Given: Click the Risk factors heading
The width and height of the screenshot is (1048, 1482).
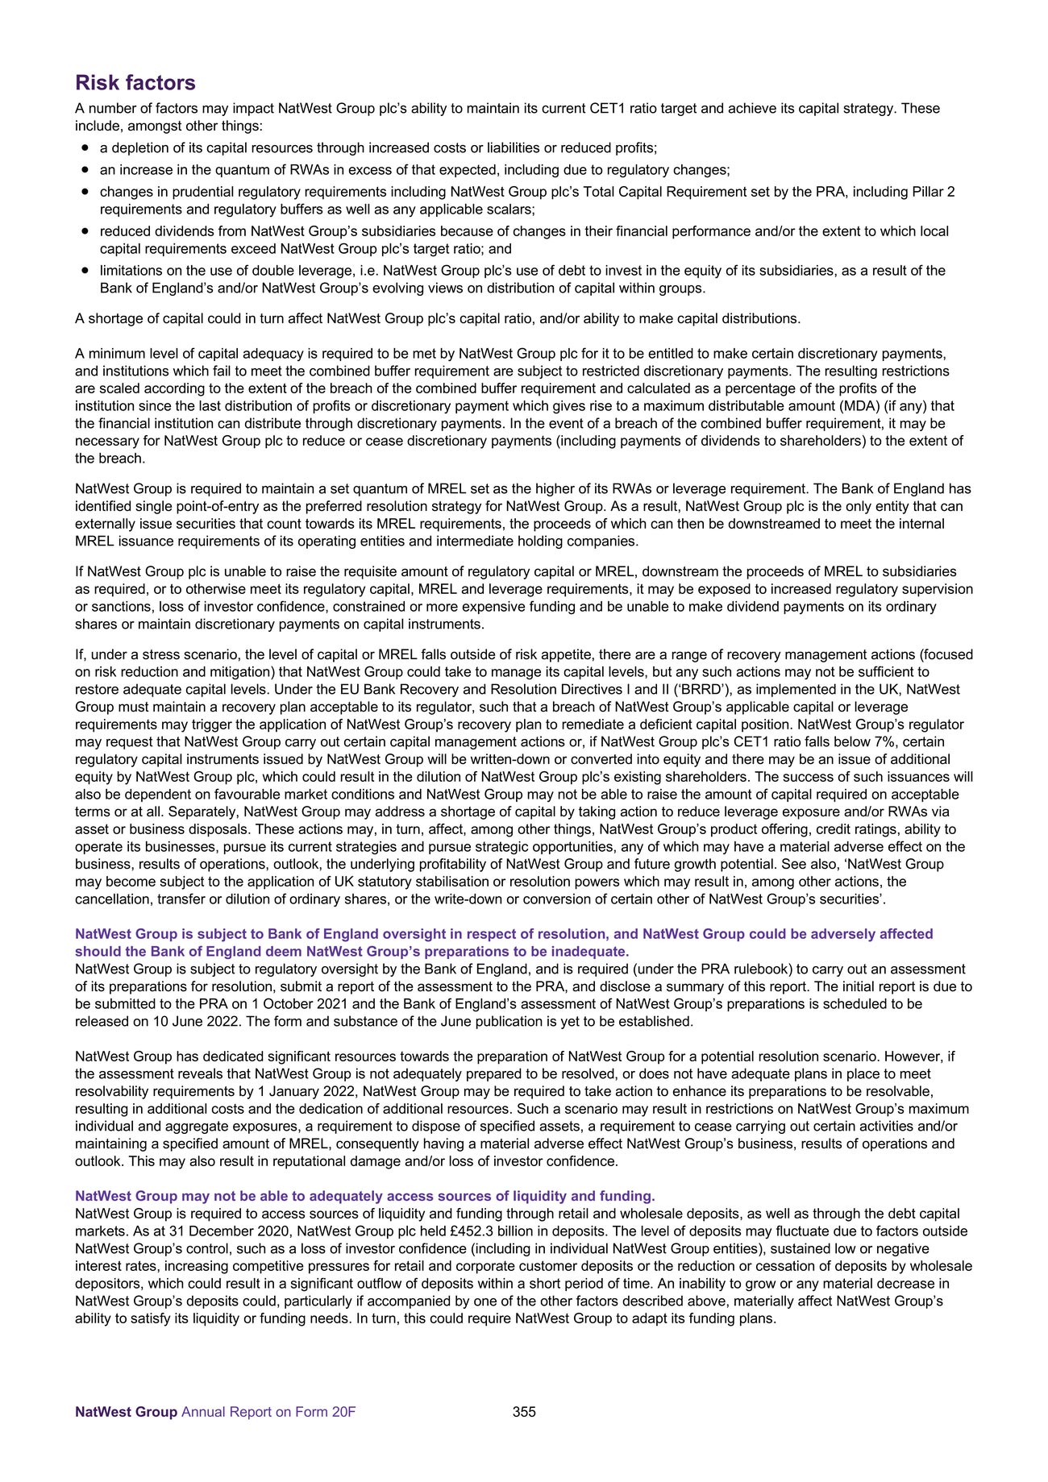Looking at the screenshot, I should tap(135, 83).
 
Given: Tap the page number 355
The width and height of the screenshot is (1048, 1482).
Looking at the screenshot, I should tap(524, 1434).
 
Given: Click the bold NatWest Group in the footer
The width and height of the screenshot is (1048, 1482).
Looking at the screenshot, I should tap(126, 1434).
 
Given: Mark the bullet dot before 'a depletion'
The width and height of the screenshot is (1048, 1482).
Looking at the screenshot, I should tap(85, 148).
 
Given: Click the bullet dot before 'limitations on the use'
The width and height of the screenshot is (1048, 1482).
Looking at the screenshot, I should tap(85, 271).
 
